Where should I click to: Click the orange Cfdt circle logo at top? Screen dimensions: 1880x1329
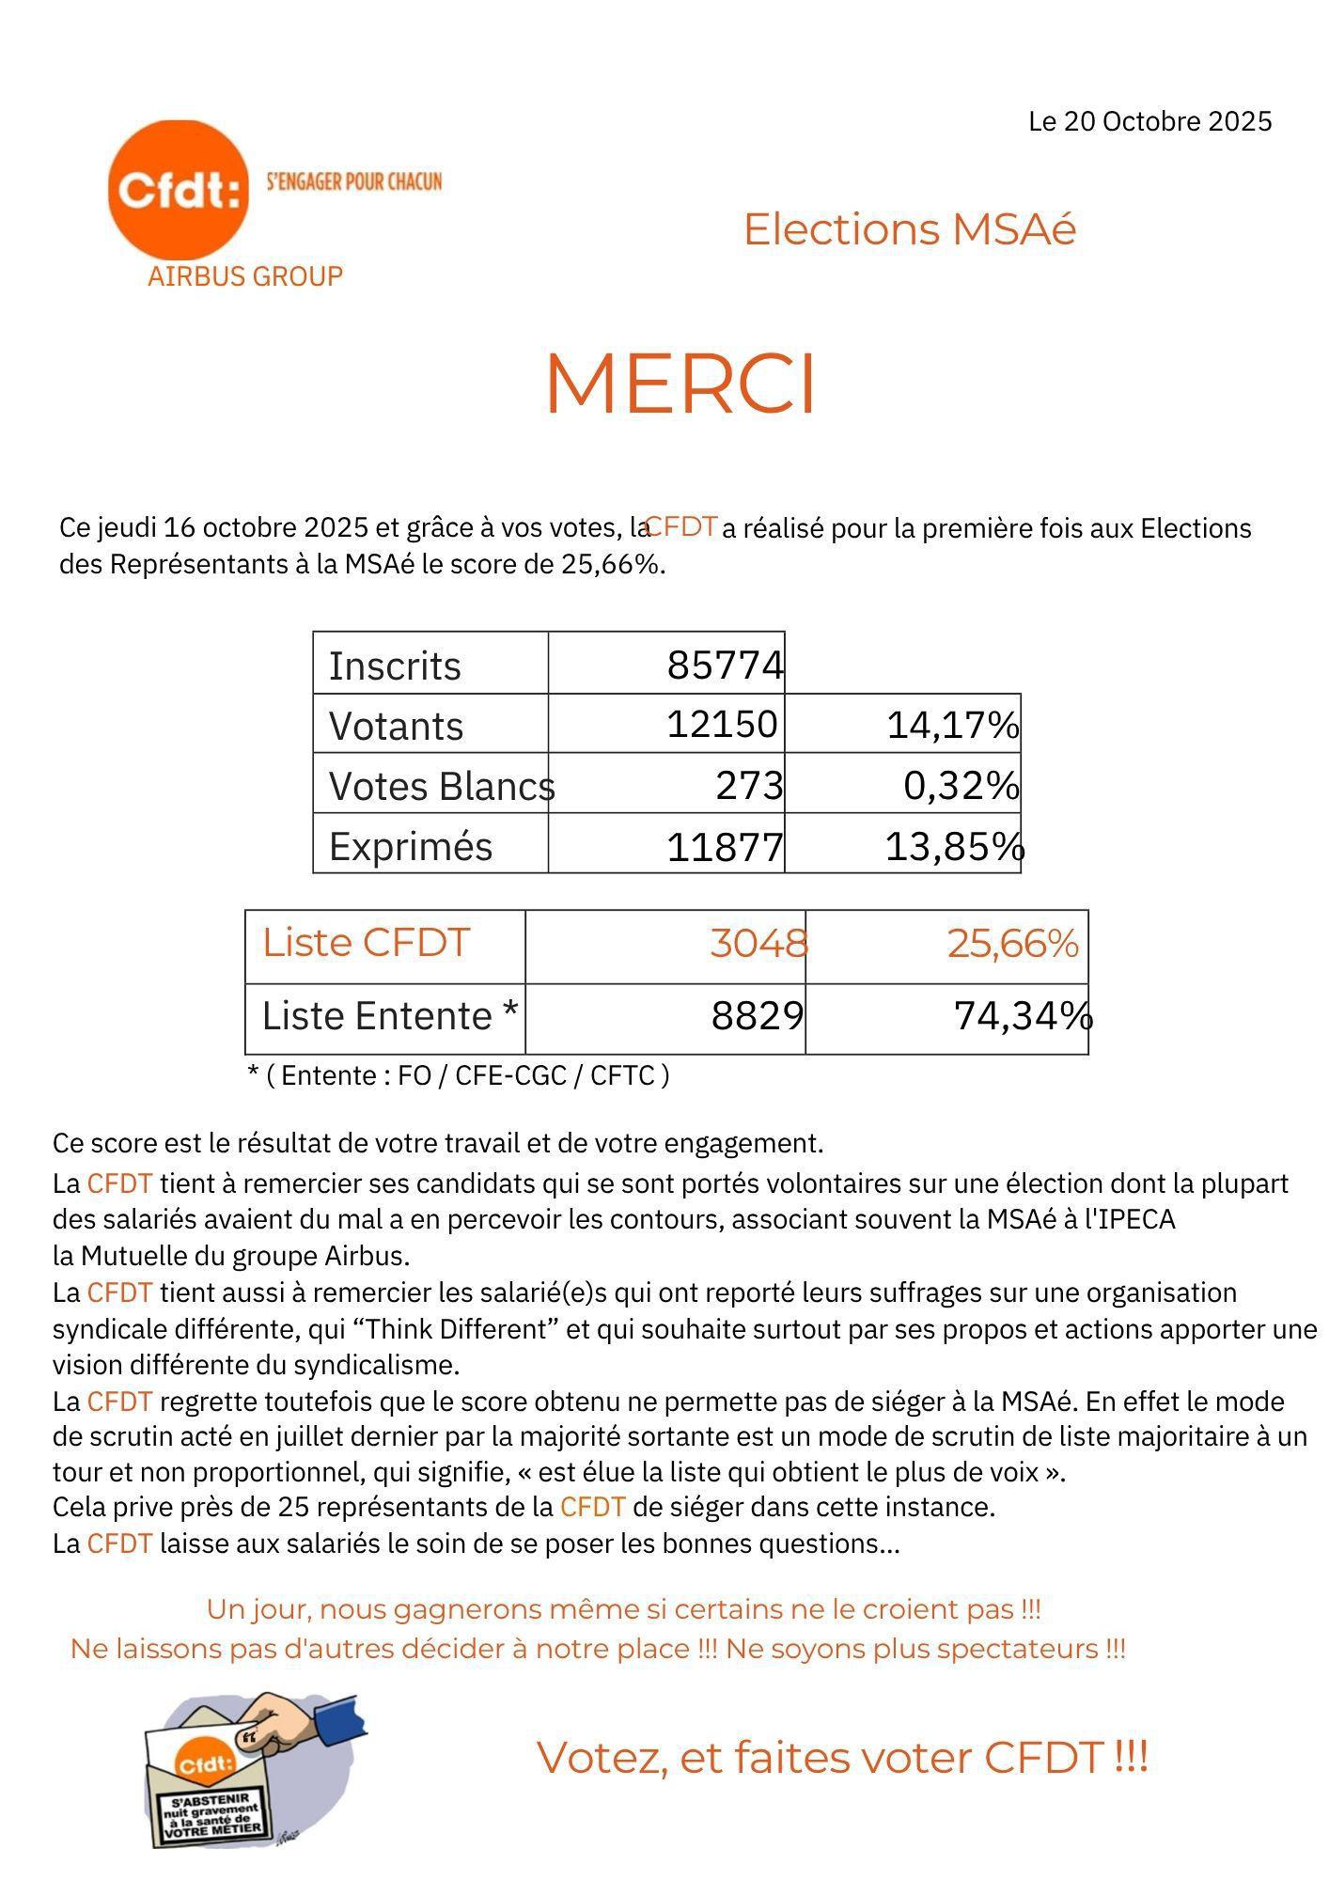point(179,189)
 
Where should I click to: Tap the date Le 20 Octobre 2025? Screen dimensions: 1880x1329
point(1149,121)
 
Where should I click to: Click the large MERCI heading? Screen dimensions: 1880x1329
point(680,384)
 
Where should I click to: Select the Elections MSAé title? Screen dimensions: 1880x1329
point(909,229)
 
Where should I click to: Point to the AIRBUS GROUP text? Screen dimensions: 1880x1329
point(245,276)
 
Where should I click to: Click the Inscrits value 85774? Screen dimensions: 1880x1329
point(725,666)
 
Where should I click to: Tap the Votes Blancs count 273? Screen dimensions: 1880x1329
point(749,785)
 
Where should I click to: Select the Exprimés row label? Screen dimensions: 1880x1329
point(411,846)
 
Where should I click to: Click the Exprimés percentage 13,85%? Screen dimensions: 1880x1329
point(954,846)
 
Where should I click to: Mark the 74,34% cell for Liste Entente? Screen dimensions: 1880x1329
point(1023,1016)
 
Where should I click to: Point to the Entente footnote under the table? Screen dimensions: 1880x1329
point(458,1074)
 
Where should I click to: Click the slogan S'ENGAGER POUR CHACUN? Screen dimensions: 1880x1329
point(354,181)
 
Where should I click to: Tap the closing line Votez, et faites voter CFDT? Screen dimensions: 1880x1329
point(842,1757)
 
